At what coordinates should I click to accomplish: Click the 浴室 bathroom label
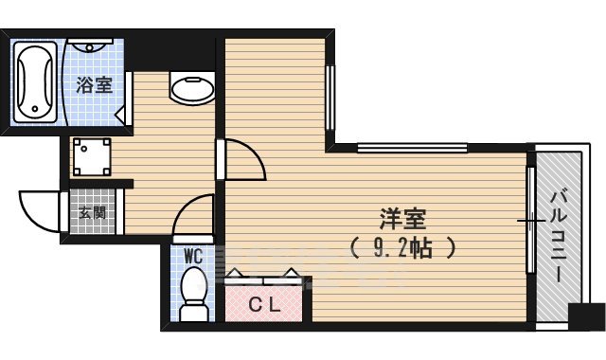pos(94,85)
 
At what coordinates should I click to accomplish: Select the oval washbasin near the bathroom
pos(193,88)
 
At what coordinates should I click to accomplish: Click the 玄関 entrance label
pos(92,212)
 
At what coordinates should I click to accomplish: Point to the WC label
pos(194,255)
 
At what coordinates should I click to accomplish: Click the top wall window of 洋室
pos(412,147)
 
